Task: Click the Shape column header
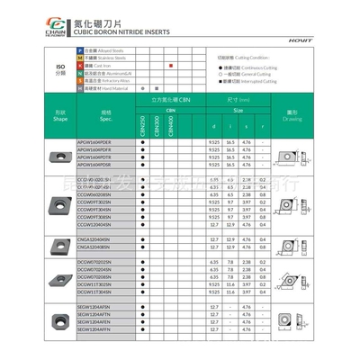59,117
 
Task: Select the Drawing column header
292,117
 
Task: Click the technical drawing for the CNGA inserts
292,243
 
